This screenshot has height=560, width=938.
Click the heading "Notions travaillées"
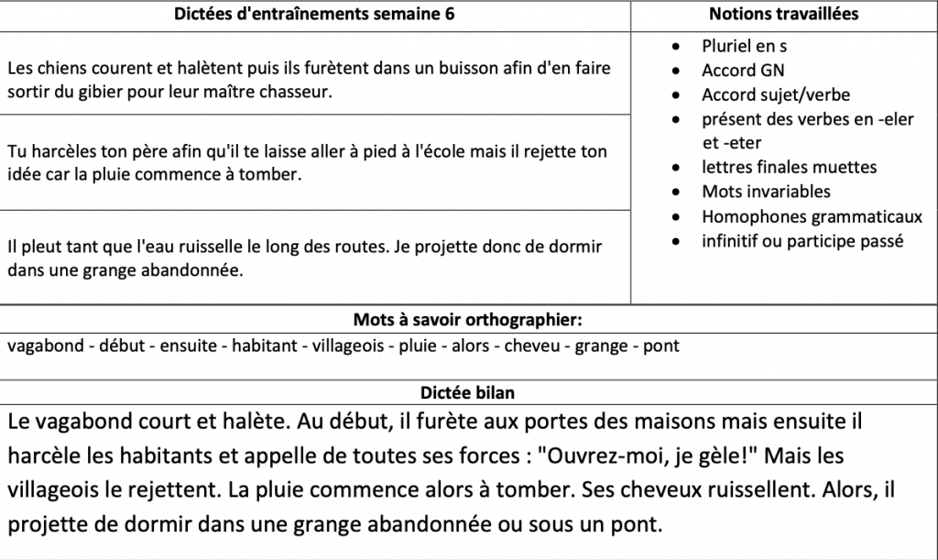coord(783,15)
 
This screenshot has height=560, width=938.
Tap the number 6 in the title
coord(448,15)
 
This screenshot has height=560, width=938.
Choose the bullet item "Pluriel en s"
coord(744,45)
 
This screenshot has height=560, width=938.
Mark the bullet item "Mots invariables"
coord(753,192)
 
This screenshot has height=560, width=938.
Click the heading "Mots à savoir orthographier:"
coord(468,320)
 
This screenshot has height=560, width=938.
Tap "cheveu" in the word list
coord(532,346)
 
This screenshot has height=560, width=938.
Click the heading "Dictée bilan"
coord(467,392)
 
